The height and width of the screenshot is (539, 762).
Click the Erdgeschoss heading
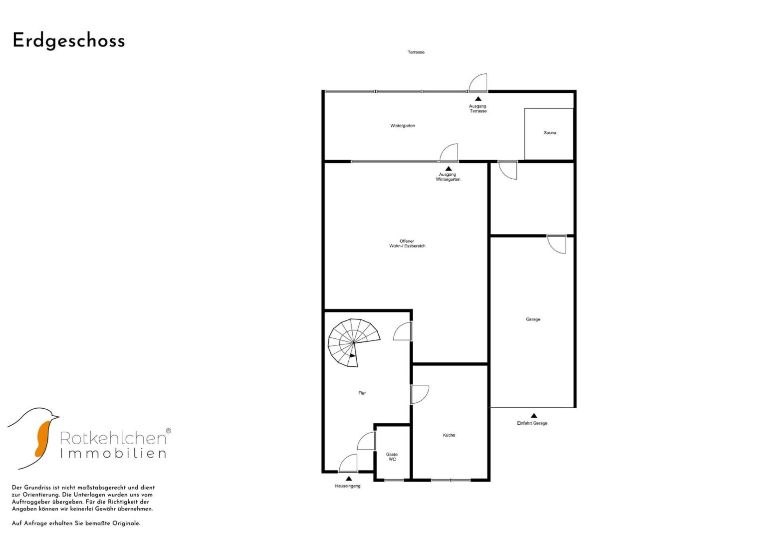coord(69,41)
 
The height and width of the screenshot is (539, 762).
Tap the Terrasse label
coord(416,52)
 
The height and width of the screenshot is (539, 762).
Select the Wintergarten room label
coord(402,126)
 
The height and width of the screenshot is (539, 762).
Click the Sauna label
coord(550,133)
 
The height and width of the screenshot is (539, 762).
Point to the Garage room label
coord(533,319)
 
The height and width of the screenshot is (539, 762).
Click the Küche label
coord(449,435)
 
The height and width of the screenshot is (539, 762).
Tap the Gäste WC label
coord(392,457)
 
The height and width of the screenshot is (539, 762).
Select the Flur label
coord(362,393)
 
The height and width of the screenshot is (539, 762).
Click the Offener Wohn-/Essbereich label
coord(407,244)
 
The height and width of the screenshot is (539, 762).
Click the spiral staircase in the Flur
coord(354,342)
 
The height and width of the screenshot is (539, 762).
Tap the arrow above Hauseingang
coord(348,478)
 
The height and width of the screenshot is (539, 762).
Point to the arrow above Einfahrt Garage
coord(534,415)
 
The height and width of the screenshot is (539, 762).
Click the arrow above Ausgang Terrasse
coord(478,99)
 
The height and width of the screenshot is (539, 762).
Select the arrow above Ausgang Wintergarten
coord(448,169)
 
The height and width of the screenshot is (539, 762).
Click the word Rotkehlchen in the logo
coord(113,438)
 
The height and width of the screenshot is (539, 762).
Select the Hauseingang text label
coord(348,486)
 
